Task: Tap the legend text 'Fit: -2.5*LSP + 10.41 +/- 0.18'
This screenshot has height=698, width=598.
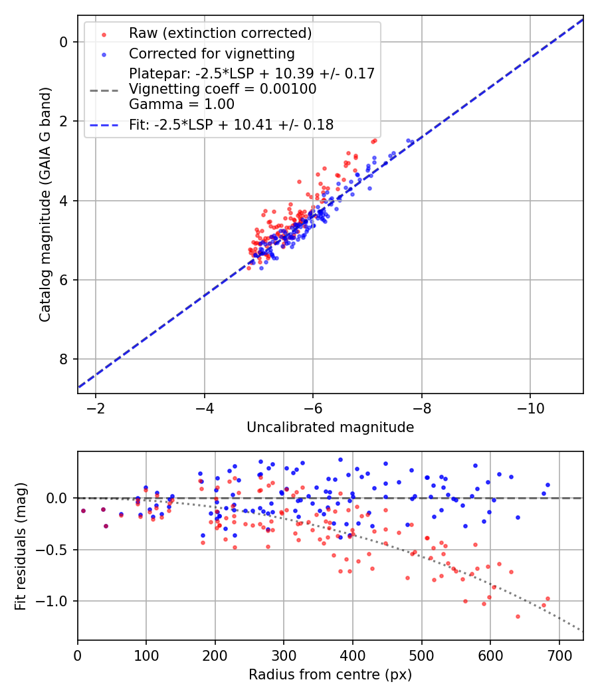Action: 231,124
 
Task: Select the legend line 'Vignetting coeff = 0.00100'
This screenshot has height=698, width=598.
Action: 223,89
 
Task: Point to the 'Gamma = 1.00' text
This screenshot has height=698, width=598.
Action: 181,104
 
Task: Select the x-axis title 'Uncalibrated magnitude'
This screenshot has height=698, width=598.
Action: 330,427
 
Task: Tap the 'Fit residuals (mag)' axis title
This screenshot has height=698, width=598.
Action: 21,546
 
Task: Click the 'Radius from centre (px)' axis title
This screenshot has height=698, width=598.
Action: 330,675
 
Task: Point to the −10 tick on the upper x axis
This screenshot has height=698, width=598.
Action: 530,406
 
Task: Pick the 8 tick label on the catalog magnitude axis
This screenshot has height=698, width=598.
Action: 64,359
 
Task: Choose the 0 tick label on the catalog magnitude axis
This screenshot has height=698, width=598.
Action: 64,42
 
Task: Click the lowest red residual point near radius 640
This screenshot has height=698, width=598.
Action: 518,616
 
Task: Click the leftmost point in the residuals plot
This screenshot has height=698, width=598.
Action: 83,511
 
